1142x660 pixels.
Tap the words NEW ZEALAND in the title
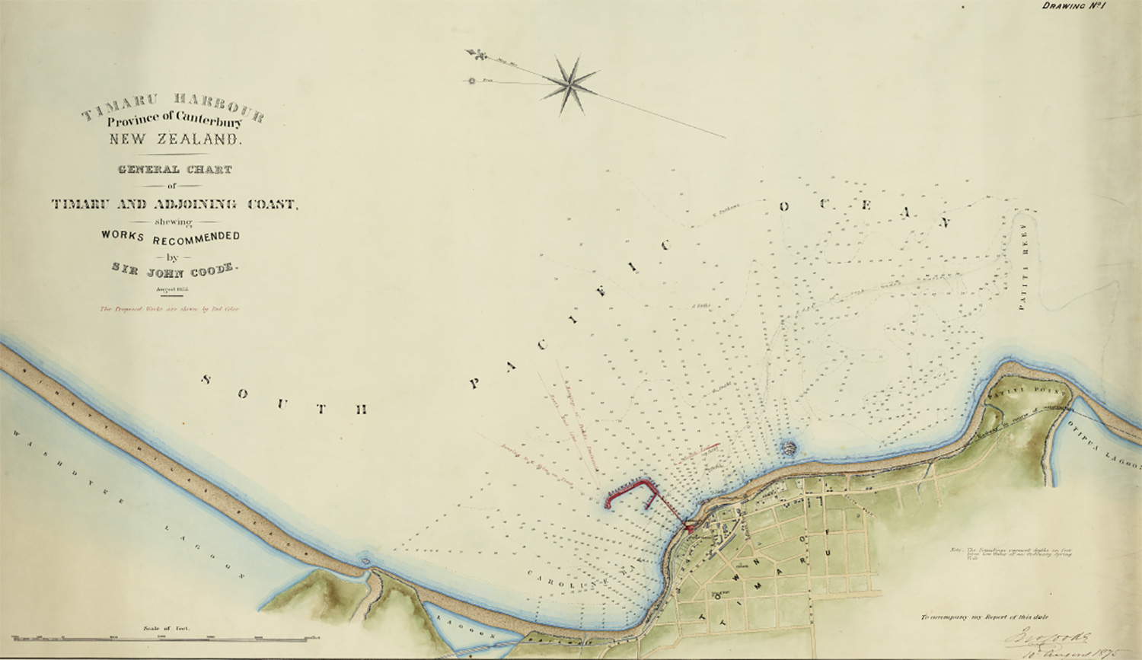point(174,139)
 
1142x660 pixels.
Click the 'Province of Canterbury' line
point(174,119)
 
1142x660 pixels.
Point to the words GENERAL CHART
point(174,170)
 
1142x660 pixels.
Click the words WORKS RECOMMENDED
point(171,237)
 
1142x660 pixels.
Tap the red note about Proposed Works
point(170,310)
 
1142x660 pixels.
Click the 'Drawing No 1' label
point(1073,7)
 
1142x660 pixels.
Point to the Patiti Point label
point(1016,391)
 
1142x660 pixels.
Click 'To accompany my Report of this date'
point(983,617)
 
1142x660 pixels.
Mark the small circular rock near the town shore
point(788,447)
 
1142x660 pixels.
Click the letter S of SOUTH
point(206,379)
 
